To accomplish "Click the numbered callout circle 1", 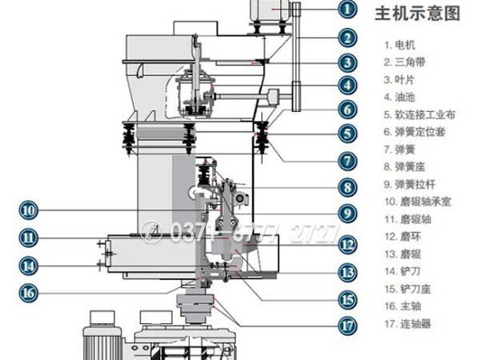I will [346, 10].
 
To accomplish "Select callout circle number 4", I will [346, 84].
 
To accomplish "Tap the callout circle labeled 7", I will [346, 159].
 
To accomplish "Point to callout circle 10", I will [29, 210].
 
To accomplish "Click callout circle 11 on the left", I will [29, 237].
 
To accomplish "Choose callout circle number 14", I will [29, 265].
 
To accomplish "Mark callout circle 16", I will [29, 293].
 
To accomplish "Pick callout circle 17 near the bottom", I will [346, 326].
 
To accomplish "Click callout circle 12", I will [346, 244].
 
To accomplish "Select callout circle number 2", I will [346, 37].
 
